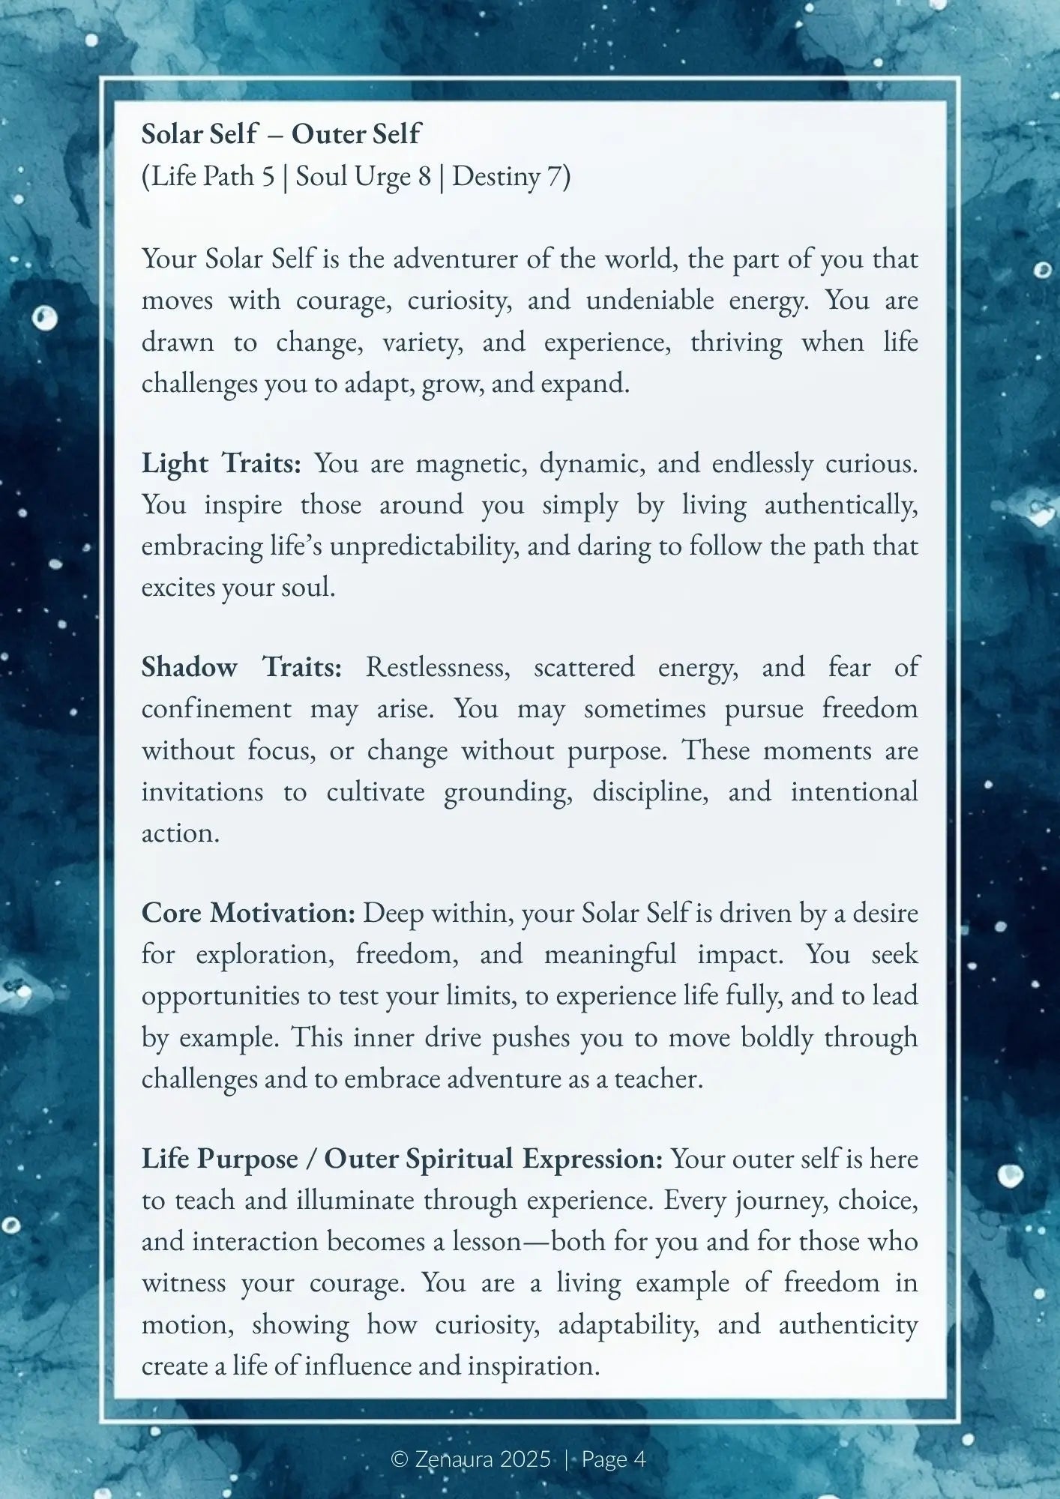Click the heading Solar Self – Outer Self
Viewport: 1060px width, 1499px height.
[281, 134]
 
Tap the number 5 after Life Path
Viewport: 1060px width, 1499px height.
[268, 177]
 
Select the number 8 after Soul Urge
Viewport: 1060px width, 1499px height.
[424, 177]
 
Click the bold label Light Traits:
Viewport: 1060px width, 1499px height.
[221, 463]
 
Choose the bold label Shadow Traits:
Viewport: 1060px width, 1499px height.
[241, 666]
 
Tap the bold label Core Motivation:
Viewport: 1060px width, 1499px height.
[248, 913]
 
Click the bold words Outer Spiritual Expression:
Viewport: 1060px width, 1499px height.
[493, 1159]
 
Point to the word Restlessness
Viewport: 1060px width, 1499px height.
[438, 666]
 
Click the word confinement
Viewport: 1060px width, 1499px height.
[217, 708]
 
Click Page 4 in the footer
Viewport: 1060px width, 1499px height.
[613, 1459]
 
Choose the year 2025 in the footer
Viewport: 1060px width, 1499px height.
[525, 1459]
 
